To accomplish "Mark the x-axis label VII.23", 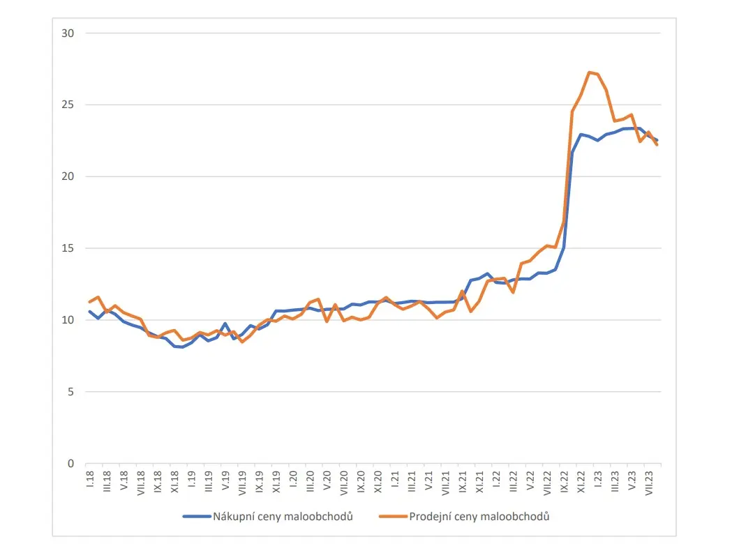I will (x=649, y=480).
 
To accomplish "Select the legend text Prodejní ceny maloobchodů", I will (x=479, y=517).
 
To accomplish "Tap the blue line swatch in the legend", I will (x=196, y=517).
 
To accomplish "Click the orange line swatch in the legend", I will (x=392, y=517).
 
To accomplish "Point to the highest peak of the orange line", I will (x=590, y=72).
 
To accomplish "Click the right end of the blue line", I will (x=657, y=140).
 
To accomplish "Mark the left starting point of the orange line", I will (x=89, y=301).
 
